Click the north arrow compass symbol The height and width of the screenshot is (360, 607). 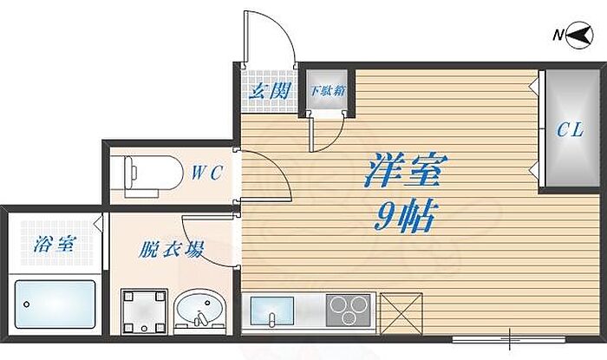(x=573, y=35)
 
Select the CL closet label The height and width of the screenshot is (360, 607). (x=569, y=131)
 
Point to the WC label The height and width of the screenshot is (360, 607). (x=208, y=173)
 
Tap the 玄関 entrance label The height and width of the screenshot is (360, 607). (x=269, y=90)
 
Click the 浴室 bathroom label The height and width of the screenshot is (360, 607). (x=55, y=245)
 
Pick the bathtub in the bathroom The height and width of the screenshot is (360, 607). (x=55, y=304)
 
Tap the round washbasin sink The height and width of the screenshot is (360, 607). (x=199, y=312)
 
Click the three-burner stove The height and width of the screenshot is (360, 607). (x=349, y=311)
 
